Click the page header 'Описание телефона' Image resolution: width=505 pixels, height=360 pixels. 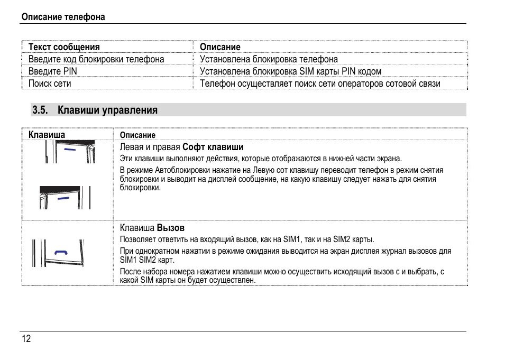click(63, 17)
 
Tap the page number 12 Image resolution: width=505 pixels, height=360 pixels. click(26, 339)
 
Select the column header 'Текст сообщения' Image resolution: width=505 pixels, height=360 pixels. click(64, 47)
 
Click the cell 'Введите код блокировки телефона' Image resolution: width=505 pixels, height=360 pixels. click(96, 59)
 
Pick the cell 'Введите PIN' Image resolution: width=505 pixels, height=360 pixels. click(53, 71)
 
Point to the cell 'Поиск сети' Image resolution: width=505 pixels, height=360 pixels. click(50, 84)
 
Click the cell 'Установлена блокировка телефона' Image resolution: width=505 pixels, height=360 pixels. click(269, 59)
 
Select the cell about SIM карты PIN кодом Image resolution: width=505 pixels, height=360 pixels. click(290, 71)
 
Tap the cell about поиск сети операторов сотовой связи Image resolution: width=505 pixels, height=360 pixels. click(320, 84)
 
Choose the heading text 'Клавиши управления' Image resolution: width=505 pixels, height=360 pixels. click(107, 110)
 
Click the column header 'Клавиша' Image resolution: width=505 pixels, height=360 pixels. click(47, 135)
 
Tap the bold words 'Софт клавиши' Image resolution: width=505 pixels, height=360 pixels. click(213, 147)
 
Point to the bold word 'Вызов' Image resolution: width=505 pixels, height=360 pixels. click(171, 228)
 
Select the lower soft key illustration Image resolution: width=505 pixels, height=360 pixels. click(63, 198)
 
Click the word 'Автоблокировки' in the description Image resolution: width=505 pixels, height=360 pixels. click(181, 170)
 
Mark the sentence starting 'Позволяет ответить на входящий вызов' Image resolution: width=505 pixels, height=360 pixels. click(247, 239)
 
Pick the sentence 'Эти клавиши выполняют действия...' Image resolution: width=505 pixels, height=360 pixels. click(261, 158)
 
